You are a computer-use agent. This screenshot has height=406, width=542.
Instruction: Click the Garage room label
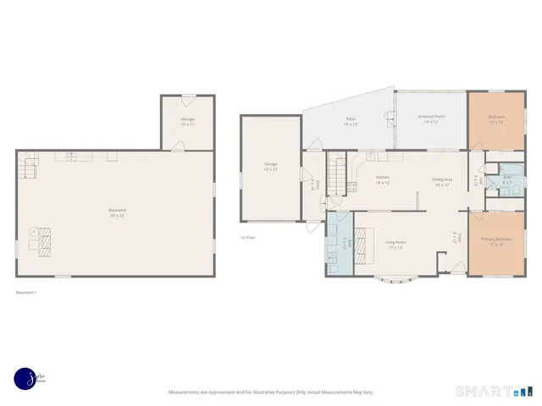tap(271, 166)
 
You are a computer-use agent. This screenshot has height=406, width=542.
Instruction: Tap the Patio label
tap(350, 122)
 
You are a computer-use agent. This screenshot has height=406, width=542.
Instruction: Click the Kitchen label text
tap(383, 179)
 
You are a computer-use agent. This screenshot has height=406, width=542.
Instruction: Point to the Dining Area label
tap(441, 181)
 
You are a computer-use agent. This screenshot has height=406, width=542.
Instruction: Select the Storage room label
tap(187, 121)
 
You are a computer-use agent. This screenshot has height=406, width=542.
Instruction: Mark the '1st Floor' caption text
tap(248, 239)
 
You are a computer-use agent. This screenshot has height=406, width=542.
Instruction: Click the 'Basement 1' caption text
tap(26, 294)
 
